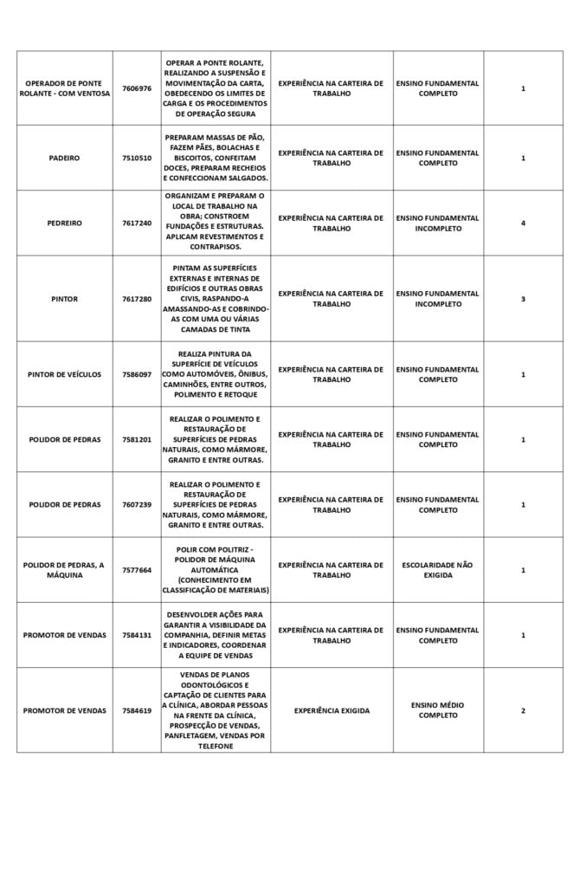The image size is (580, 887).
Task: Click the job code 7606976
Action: (136, 88)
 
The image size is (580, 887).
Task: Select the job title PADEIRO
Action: (64, 159)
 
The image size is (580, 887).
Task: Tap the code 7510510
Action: (136, 159)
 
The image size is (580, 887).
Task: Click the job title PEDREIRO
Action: (64, 223)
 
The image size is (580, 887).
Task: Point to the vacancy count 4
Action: (523, 223)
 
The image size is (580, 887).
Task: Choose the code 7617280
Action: (136, 299)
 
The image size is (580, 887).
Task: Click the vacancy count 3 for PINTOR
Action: (523, 299)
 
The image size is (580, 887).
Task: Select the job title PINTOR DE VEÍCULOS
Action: (64, 374)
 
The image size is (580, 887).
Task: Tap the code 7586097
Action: (136, 374)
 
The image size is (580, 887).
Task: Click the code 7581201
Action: (136, 439)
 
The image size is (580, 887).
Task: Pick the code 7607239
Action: (136, 504)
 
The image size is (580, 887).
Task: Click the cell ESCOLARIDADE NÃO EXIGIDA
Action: (437, 570)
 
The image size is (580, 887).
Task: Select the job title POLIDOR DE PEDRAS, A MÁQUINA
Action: (64, 570)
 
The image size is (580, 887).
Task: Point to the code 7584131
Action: (136, 635)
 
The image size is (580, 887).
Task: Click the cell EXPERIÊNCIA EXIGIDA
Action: (331, 710)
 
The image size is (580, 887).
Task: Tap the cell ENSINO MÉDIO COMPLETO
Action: (437, 710)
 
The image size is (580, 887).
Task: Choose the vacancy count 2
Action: (523, 710)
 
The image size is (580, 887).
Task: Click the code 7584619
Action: (136, 710)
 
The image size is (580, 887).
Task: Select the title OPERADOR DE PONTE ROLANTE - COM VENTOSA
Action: (64, 88)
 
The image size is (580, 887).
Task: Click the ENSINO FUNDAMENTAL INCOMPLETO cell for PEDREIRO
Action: (437, 223)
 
